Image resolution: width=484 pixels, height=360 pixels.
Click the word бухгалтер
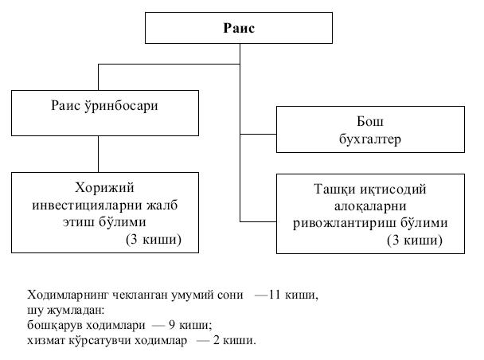(x=370, y=139)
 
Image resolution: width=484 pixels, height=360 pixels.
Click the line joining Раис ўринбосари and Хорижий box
(x=98, y=153)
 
